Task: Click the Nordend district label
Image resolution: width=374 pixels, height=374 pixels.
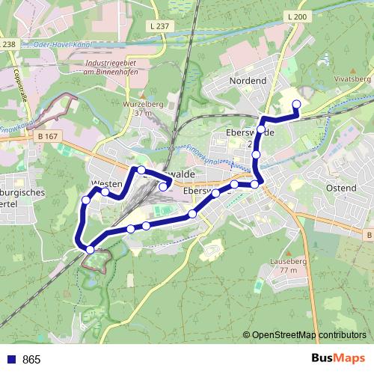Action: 248,80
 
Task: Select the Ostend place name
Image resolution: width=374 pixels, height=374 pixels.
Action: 341,188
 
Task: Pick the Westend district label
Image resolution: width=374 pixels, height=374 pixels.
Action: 106,183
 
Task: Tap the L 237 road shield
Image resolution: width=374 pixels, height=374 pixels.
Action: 163,26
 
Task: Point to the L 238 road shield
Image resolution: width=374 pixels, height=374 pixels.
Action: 7,44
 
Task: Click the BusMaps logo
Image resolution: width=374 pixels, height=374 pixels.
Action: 336,359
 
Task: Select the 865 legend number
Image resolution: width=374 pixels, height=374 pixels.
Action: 31,360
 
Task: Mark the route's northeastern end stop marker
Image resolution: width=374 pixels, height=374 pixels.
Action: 296,104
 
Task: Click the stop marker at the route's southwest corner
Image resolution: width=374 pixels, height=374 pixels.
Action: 91,249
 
